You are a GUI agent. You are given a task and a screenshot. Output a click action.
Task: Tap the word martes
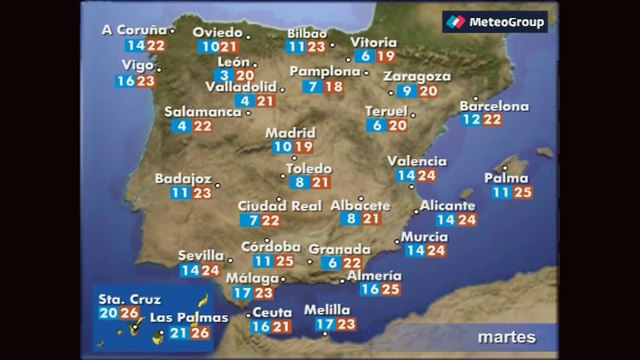(x=506, y=336)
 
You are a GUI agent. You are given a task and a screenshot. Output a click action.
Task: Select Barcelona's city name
(x=494, y=106)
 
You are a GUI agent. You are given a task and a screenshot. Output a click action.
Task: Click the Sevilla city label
(x=200, y=255)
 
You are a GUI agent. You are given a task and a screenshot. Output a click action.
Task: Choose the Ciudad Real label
(x=280, y=206)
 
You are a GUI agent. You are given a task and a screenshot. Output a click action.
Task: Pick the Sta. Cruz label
(x=122, y=298)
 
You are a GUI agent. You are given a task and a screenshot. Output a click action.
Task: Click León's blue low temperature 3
(x=226, y=75)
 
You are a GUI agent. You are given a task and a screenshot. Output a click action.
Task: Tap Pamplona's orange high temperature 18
(x=335, y=87)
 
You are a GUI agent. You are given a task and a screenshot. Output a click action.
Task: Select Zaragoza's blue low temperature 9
(x=408, y=91)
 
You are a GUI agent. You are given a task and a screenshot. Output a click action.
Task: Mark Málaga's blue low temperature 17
(x=242, y=293)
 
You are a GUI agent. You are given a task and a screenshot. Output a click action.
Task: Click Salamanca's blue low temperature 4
(x=181, y=126)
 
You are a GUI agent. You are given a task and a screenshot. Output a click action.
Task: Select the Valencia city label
(x=416, y=161)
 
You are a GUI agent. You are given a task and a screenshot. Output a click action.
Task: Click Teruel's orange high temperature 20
(x=398, y=125)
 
